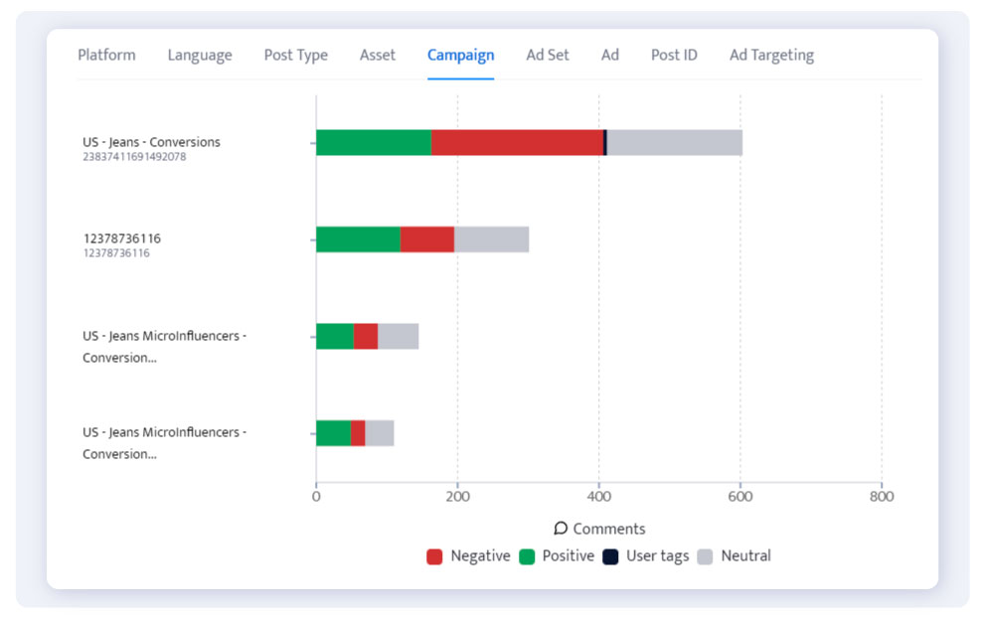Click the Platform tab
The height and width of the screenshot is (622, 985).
tap(106, 56)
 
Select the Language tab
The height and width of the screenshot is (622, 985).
tap(200, 56)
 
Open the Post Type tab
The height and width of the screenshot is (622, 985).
tap(295, 56)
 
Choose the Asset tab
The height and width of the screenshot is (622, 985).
tap(378, 56)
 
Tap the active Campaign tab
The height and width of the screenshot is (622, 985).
tap(460, 56)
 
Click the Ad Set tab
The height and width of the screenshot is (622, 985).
tap(548, 56)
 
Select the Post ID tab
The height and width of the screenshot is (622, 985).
tap(674, 56)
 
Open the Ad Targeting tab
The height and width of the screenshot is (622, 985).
tap(771, 56)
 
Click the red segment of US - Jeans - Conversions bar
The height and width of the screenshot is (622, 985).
tap(517, 142)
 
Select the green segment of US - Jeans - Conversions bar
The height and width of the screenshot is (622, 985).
tap(374, 142)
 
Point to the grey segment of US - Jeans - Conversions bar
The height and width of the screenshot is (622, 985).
tap(674, 142)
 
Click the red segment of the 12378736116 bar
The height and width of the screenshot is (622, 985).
tap(426, 239)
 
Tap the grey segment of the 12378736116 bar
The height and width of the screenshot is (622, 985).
tap(491, 239)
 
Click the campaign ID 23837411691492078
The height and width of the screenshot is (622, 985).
tap(134, 157)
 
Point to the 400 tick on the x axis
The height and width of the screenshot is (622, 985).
tap(598, 496)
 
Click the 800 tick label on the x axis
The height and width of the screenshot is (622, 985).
tap(881, 496)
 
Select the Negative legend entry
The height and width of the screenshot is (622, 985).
tap(469, 556)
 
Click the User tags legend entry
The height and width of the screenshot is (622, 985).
tap(646, 556)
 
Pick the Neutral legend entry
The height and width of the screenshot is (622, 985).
tap(735, 556)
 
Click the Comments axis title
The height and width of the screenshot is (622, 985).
tap(600, 529)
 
